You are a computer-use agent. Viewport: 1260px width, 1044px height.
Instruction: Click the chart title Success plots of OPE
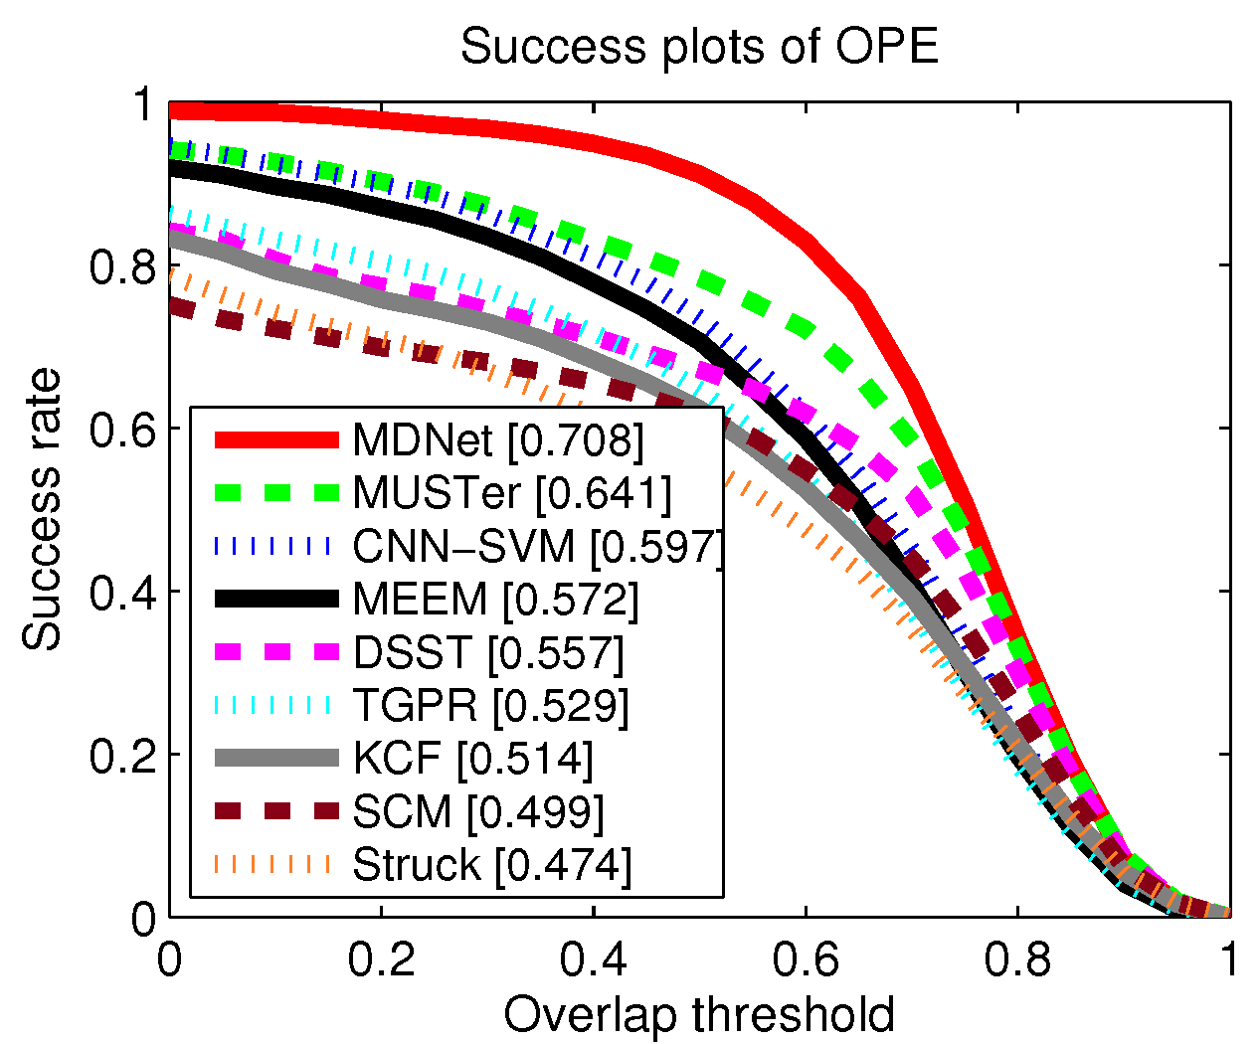click(699, 47)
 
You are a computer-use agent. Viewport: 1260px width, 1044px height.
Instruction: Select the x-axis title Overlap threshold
click(699, 1015)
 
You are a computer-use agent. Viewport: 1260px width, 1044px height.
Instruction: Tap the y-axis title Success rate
click(42, 510)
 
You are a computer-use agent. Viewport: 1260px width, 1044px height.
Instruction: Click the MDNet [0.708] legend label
click(498, 439)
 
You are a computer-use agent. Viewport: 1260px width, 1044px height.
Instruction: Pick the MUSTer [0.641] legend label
click(512, 492)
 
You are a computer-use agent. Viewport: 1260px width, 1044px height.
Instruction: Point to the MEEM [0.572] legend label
click(495, 599)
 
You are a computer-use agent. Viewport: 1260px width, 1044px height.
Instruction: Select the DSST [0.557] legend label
click(488, 652)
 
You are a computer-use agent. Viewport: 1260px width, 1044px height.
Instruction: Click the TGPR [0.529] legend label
click(491, 705)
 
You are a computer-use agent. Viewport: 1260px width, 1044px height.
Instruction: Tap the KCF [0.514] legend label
click(473, 759)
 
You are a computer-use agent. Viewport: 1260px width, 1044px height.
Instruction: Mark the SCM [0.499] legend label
click(478, 811)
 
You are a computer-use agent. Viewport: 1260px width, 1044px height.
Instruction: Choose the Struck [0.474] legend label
click(492, 865)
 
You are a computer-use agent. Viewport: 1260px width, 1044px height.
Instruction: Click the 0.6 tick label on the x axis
click(806, 960)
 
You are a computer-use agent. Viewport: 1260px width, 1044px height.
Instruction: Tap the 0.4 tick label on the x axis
click(594, 960)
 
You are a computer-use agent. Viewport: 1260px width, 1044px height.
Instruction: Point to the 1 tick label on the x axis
click(1229, 960)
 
